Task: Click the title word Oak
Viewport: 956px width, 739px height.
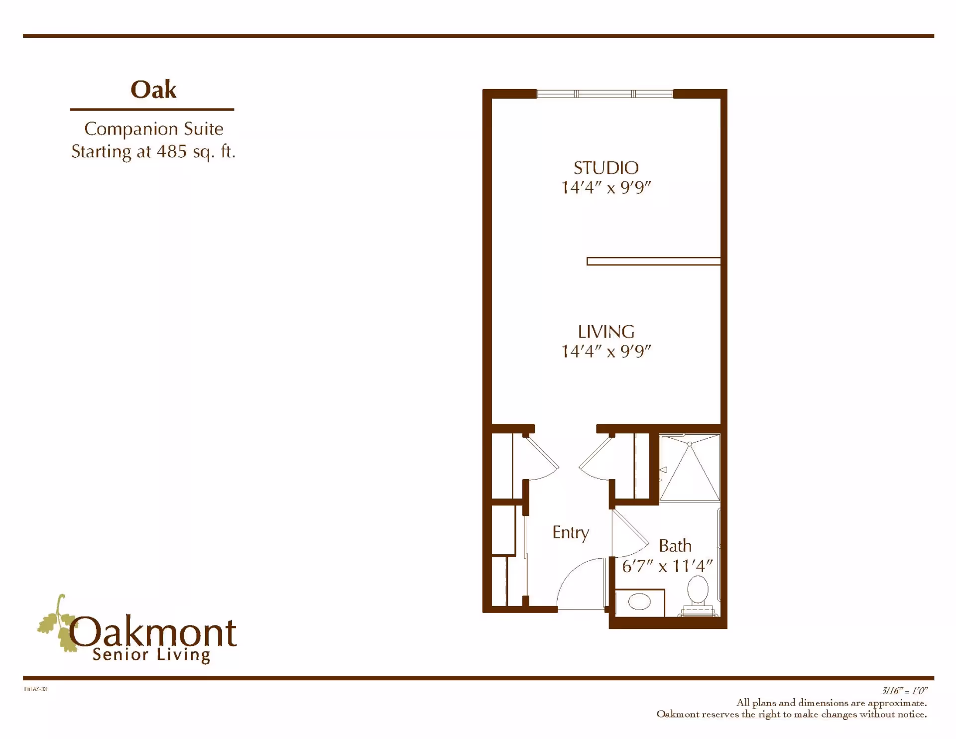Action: [x=153, y=90]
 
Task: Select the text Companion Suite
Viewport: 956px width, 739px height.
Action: [x=153, y=129]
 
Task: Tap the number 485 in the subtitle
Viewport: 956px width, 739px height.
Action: [x=171, y=151]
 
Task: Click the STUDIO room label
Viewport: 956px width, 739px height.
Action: [x=606, y=168]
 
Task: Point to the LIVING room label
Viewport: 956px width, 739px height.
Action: [x=606, y=332]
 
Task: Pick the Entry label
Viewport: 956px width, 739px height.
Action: [x=571, y=533]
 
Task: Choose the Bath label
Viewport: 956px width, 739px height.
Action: [x=675, y=546]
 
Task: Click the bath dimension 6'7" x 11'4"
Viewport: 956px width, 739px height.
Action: [x=667, y=566]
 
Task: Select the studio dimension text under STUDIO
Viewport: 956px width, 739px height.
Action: [x=606, y=188]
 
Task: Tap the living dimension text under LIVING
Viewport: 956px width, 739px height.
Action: [x=606, y=352]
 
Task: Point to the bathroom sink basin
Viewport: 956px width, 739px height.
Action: [x=639, y=602]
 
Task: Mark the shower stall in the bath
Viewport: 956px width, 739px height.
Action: [x=690, y=468]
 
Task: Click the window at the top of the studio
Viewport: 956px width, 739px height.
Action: [x=604, y=94]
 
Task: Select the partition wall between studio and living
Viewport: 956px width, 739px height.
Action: [x=653, y=261]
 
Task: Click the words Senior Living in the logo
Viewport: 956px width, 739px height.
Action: [x=151, y=655]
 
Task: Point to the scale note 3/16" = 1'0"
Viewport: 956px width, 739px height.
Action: [x=904, y=691]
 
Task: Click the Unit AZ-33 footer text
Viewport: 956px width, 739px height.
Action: [x=35, y=689]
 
